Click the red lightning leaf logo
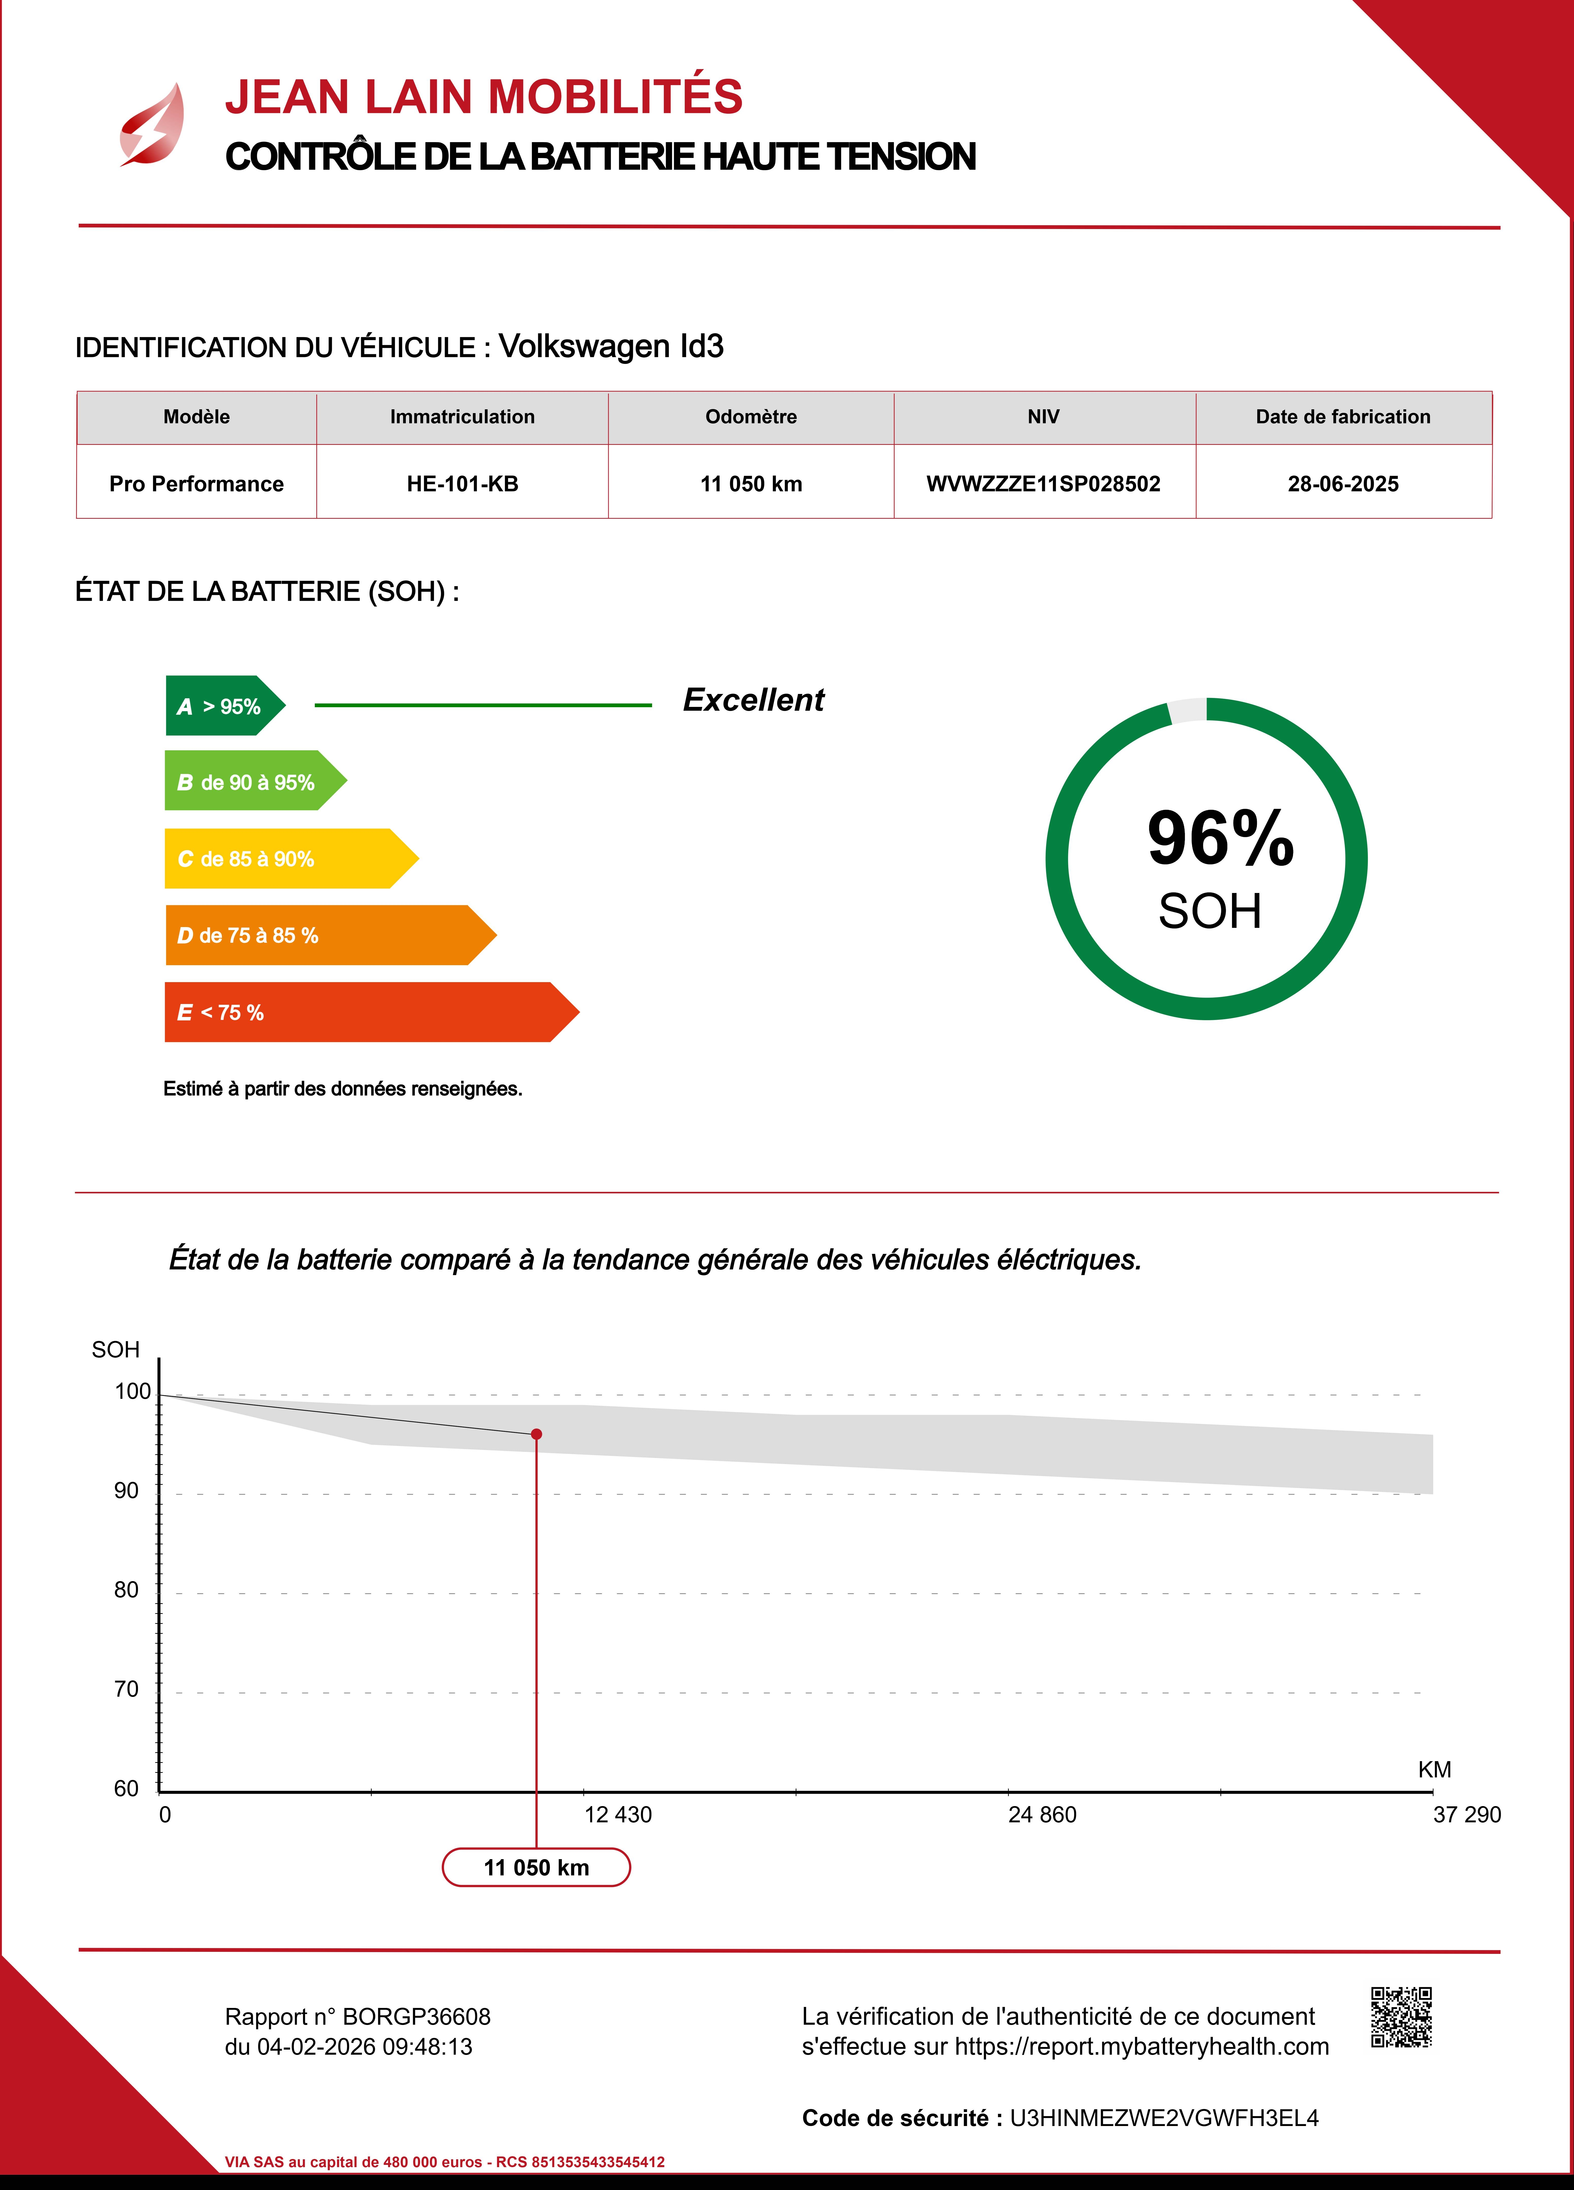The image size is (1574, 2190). coord(153,125)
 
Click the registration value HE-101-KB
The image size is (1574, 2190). coord(463,484)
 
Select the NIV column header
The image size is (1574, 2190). coord(1043,417)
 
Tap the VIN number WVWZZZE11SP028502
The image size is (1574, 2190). coord(1043,484)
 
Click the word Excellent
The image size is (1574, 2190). coord(753,700)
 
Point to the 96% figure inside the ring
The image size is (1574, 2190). coord(1220,838)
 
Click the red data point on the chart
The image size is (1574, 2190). coord(537,1434)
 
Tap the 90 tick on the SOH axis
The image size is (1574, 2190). coord(126,1491)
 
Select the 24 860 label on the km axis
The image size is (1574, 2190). coord(1042,1815)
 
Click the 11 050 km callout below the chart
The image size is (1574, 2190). coord(536,1868)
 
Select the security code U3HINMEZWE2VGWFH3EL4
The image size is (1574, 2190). coord(1163,2119)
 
